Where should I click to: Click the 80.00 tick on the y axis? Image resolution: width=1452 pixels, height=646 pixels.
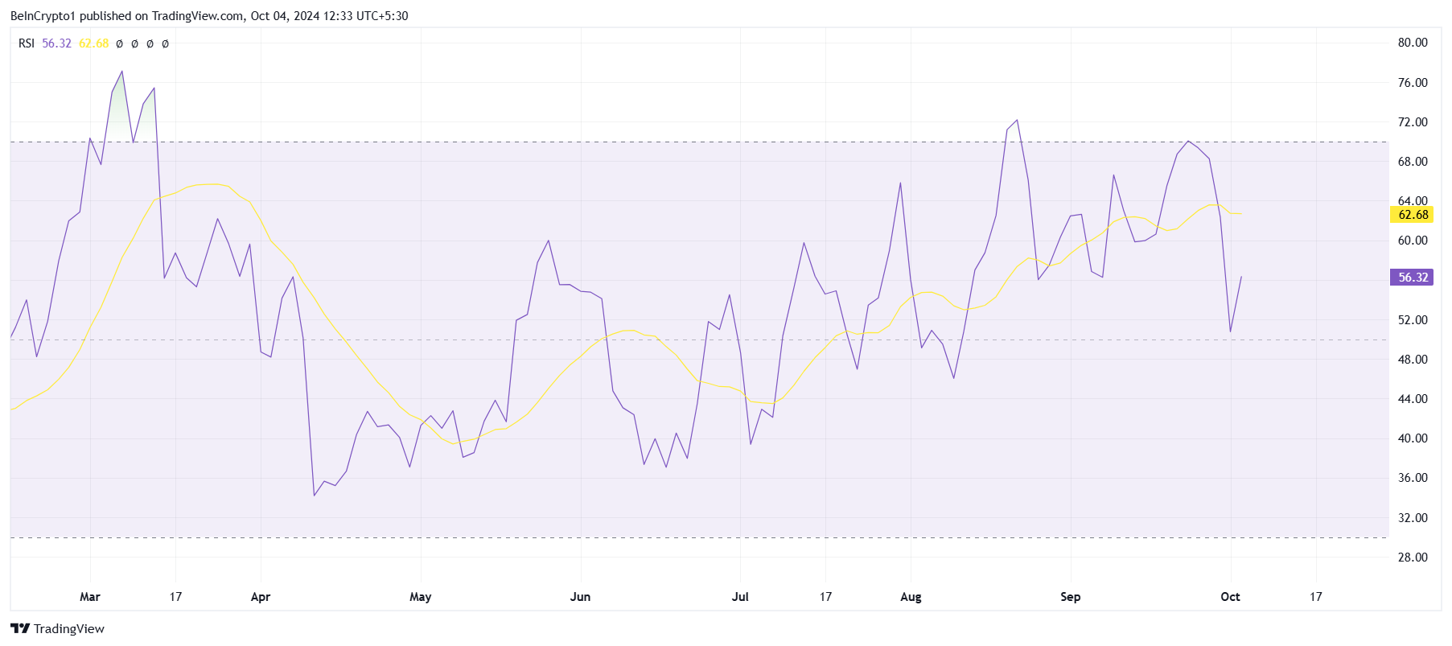coord(1412,43)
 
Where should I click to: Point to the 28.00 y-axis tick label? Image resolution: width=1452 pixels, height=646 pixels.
coord(1412,557)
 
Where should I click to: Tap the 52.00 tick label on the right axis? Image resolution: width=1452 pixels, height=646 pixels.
coord(1412,319)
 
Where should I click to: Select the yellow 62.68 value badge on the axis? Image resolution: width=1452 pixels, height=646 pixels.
coord(1413,214)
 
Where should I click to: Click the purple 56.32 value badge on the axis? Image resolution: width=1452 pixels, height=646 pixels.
coord(1413,277)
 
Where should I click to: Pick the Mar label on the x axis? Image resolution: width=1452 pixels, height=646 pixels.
coord(90,596)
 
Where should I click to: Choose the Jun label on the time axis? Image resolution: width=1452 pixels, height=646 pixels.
coord(580,596)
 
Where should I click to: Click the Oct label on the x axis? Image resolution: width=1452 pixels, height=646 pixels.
coord(1230,596)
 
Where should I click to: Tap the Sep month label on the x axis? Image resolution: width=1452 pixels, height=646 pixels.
coord(1070,596)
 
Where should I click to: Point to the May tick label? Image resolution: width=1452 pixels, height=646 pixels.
coord(420,596)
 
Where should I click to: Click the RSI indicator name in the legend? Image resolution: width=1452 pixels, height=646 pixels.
coord(27,43)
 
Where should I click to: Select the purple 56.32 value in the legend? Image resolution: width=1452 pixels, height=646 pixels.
coord(56,43)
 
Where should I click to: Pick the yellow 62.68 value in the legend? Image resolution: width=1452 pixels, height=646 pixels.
coord(93,43)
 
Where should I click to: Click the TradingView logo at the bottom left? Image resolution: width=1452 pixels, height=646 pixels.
coord(57,628)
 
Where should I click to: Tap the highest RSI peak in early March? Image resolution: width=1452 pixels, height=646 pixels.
coord(122,71)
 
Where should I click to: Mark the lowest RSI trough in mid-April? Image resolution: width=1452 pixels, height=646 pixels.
coord(315,495)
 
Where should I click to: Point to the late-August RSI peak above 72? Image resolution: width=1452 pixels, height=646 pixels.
coord(1018,120)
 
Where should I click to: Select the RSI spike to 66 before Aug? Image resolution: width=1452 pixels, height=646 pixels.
coord(900,183)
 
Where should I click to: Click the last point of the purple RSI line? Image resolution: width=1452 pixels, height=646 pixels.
coord(1241,277)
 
